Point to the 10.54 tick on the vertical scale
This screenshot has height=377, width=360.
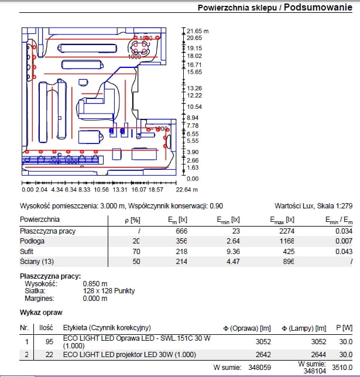click(x=194, y=107)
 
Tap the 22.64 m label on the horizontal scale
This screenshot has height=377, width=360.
click(x=187, y=190)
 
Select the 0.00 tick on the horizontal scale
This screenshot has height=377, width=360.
click(x=27, y=190)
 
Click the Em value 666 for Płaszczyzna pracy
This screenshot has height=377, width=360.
click(x=181, y=231)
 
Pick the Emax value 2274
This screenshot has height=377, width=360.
click(x=286, y=231)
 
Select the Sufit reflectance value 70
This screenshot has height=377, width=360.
click(x=136, y=251)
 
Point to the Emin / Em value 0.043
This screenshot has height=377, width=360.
click(x=342, y=251)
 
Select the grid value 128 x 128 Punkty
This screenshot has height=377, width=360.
click(x=109, y=291)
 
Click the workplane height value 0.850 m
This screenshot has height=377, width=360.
click(x=95, y=283)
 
